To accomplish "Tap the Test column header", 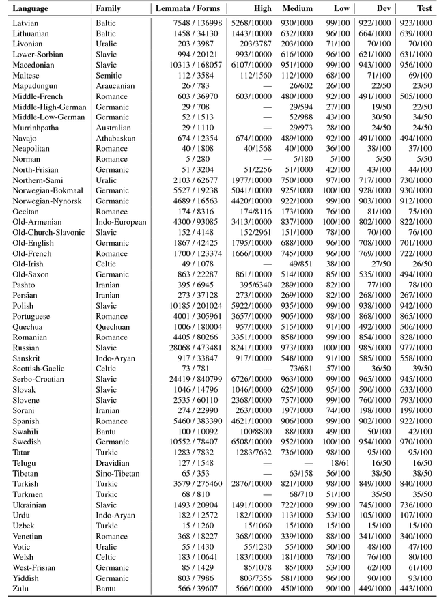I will click(424, 8).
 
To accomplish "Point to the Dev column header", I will click(383, 8).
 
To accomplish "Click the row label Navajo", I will click(26, 138).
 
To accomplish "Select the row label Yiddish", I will click(27, 578).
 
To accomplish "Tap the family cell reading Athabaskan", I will click(116, 138).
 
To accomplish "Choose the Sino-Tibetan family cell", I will click(117, 473).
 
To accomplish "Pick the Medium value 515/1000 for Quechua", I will click(297, 326).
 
